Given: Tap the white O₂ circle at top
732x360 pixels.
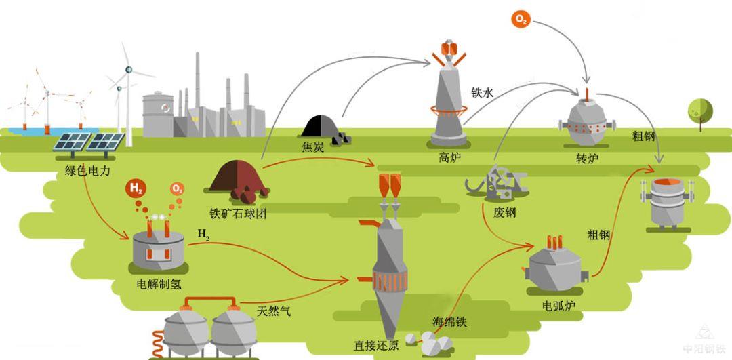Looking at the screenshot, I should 521,20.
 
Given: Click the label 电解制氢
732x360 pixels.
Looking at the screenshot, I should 159,284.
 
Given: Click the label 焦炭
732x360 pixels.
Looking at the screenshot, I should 312,146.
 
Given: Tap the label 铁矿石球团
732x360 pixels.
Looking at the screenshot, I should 237,213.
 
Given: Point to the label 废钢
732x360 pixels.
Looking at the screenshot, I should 505,212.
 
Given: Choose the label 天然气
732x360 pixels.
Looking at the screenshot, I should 274,311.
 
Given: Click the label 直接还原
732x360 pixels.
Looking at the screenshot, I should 376,344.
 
